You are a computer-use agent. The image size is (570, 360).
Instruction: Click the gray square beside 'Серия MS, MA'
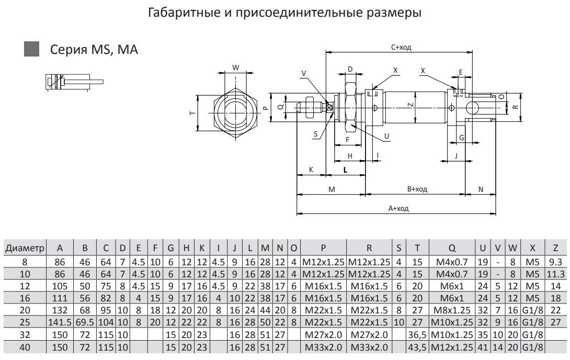(x=32, y=49)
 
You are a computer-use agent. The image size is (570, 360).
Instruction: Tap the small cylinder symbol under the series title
(x=73, y=82)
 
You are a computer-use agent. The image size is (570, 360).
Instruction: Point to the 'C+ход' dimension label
(x=401, y=47)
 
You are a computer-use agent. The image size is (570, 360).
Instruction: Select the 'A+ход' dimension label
(x=398, y=208)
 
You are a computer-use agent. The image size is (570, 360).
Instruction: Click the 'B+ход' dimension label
(x=417, y=189)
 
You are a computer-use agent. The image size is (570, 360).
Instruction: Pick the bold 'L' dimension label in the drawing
(x=346, y=170)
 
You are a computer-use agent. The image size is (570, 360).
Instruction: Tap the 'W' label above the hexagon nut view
(x=235, y=67)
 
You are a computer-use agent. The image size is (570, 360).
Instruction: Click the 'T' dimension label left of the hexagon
(x=192, y=113)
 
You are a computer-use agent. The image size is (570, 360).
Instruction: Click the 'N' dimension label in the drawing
(x=481, y=189)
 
